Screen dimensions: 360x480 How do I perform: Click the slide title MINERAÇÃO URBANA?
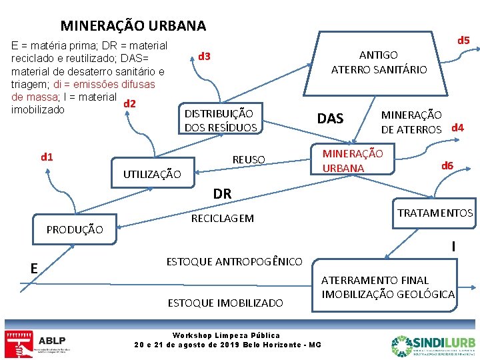[x=133, y=26]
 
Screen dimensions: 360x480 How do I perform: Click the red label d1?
[x=47, y=157]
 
